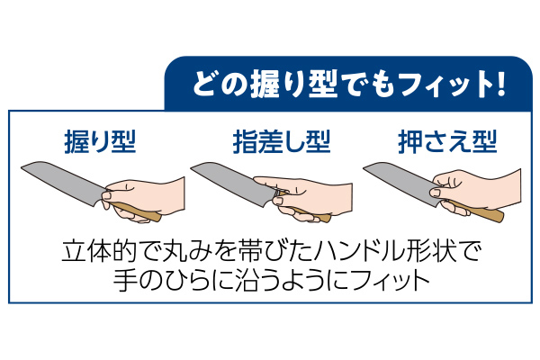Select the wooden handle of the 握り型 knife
pyautogui.click(x=139, y=213)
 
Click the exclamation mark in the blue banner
pyautogui.click(x=496, y=87)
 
